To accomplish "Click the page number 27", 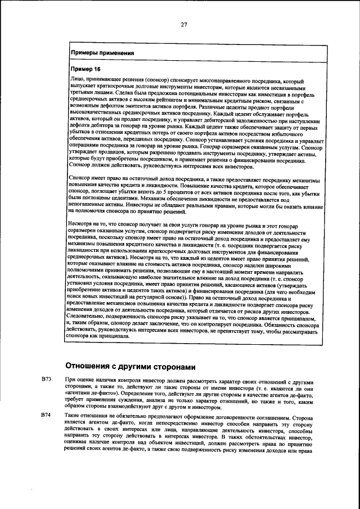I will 183,24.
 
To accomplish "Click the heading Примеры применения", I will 102,54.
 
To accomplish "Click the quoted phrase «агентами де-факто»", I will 90,393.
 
